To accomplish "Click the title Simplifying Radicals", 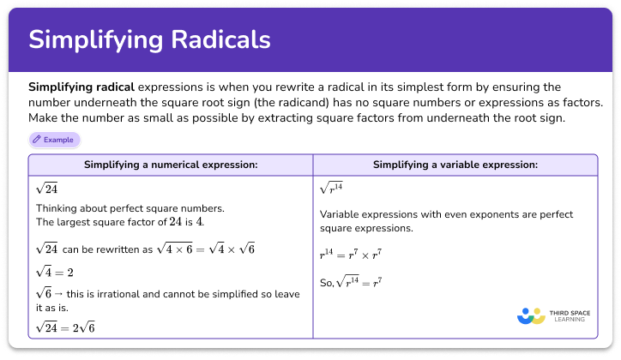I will point(150,39).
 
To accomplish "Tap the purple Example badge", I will point(54,139).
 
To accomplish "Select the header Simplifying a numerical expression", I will point(171,165).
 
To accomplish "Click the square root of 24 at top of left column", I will point(47,188).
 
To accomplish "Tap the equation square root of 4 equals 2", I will point(54,272).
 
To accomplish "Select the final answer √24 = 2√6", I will point(66,327).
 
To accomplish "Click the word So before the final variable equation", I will point(326,282).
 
